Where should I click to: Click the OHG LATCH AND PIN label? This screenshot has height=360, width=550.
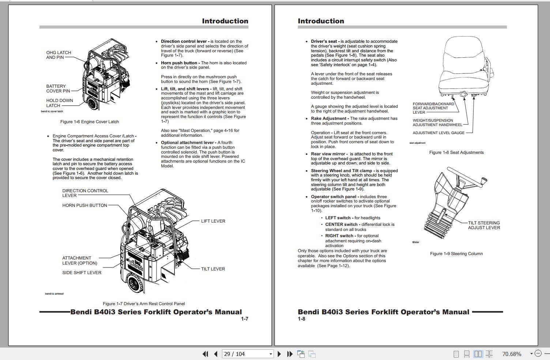[x=59, y=55]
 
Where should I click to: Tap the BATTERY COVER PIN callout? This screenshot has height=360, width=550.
[x=58, y=88]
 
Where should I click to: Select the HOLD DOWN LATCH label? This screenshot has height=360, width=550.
[x=59, y=103]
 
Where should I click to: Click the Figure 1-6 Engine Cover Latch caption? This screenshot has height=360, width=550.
[x=90, y=122]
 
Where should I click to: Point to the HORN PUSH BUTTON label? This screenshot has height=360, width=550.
[x=84, y=205]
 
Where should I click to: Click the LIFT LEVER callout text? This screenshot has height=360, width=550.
[x=213, y=221]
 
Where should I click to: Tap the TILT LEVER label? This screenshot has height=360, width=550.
[x=213, y=269]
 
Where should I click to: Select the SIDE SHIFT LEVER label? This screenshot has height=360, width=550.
[x=82, y=273]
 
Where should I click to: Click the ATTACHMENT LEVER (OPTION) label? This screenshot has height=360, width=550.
[x=79, y=261]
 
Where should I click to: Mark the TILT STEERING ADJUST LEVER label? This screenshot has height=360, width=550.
[x=484, y=225]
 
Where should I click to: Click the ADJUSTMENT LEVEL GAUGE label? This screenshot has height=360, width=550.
[x=438, y=133]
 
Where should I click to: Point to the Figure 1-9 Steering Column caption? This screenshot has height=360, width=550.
[x=456, y=254]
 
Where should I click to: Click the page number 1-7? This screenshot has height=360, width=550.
[x=244, y=319]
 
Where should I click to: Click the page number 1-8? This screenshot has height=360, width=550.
[x=301, y=319]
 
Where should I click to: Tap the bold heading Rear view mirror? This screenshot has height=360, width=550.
[x=328, y=154]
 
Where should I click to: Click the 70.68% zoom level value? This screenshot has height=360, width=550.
[x=512, y=354]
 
